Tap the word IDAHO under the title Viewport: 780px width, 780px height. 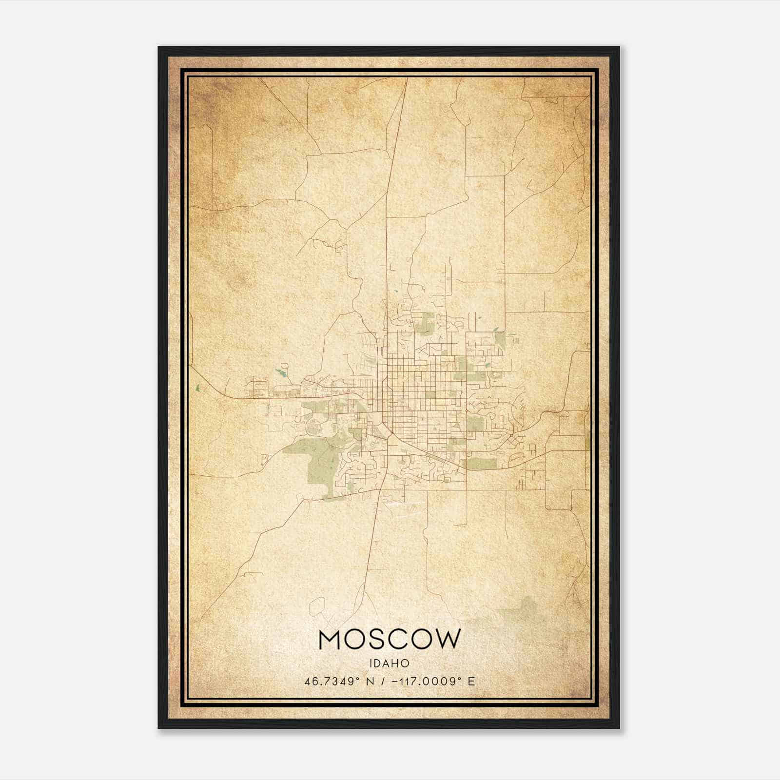click(390, 663)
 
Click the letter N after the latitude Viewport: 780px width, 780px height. click(370, 682)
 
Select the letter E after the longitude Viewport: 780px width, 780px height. click(471, 682)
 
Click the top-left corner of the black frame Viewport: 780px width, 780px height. click(159, 48)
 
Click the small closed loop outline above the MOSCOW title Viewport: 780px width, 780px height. click(318, 605)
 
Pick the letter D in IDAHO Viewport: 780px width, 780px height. click(379, 663)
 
